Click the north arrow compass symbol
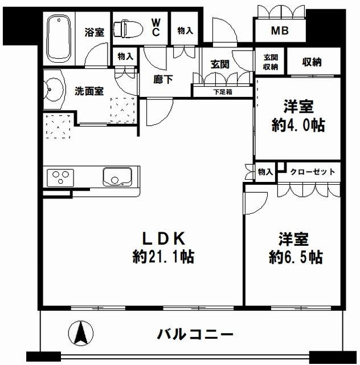pos(81,333)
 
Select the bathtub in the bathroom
pos(59,39)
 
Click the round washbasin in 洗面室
pos(54,90)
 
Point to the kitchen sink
pos(117,177)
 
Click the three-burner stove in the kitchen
pos(60,178)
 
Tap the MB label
pos(280,31)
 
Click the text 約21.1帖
pos(163,257)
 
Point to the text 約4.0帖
pos(298,125)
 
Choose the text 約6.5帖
pos(296,257)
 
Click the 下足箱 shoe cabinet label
pos(223,92)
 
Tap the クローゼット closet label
pos(313,172)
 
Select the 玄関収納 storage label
pos(271,62)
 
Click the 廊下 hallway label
pos(163,79)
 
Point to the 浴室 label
pos(94,32)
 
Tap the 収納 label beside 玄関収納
pos(312,62)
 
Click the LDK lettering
pos(163,238)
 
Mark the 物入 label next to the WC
pos(185,30)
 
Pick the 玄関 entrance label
pos(220,64)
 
